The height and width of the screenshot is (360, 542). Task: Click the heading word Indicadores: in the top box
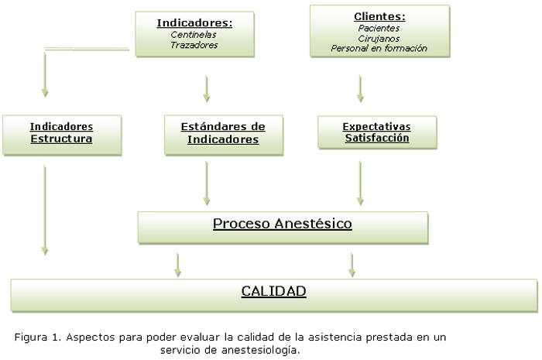pos(194,23)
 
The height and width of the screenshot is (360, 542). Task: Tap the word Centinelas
pos(194,35)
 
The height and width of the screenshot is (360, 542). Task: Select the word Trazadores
pos(194,45)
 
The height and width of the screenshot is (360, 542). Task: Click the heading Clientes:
pos(379,16)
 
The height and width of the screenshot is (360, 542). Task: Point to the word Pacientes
pos(379,28)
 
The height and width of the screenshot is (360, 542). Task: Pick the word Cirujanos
pos(379,38)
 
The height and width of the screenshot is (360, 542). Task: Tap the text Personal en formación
pos(379,48)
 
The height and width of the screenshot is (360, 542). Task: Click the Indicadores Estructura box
pos(62,134)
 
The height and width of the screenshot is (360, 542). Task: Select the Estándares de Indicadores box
pos(223,134)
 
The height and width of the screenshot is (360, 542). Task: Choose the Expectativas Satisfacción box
pos(377,132)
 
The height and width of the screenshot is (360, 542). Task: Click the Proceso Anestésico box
pos(283,225)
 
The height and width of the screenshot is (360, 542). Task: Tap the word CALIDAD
pos(273,292)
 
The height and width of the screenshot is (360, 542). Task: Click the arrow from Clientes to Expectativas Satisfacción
pos(360,88)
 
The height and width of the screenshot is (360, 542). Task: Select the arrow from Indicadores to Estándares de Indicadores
pos(207,88)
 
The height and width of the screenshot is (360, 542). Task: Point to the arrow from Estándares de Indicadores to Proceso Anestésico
pos(207,183)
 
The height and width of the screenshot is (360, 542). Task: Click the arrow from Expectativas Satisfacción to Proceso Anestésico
pos(360,183)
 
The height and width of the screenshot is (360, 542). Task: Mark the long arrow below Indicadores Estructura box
pos(45,209)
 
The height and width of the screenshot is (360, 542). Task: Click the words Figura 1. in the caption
pos(37,338)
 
